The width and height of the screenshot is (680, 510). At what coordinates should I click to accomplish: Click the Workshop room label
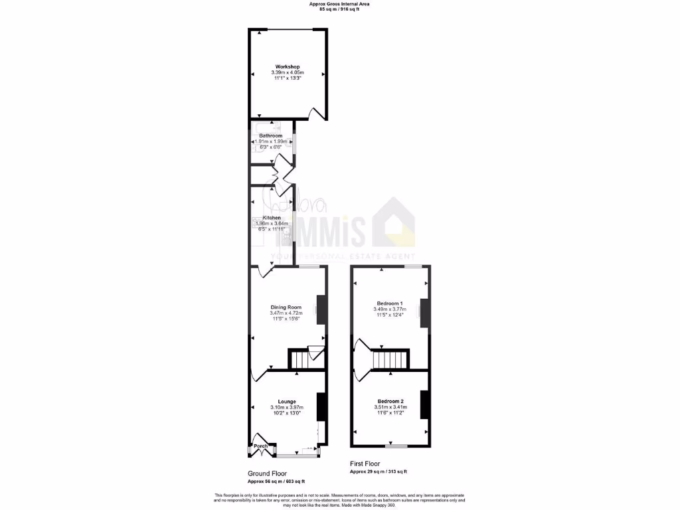288,66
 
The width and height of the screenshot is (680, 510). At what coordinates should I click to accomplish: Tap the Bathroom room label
270,135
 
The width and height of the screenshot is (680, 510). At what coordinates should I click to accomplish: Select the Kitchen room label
272,218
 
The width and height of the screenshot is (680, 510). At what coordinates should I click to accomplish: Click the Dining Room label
286,307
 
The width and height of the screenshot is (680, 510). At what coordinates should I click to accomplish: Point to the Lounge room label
286,401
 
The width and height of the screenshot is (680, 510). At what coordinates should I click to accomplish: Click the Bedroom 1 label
390,303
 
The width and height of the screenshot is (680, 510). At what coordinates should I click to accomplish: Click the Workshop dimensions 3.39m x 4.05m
288,72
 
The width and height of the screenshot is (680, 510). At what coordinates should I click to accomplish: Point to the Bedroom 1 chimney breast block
423,313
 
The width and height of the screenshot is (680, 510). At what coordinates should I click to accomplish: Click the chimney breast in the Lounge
321,406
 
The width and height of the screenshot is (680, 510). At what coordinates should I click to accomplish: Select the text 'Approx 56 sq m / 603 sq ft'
276,481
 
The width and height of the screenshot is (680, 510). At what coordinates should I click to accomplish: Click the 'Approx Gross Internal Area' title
339,4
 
